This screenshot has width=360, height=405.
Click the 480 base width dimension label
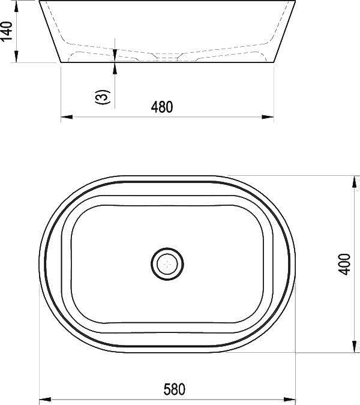click(x=162, y=107)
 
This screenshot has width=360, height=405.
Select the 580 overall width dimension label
click(x=175, y=389)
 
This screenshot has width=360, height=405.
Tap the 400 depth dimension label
click(x=344, y=264)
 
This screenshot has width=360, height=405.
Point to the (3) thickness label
click(x=103, y=97)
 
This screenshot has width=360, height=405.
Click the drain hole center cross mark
click(x=167, y=264)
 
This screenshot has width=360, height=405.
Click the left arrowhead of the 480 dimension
click(x=67, y=117)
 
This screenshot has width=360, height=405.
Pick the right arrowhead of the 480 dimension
click(x=268, y=117)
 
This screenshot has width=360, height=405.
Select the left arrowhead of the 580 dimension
click(x=44, y=399)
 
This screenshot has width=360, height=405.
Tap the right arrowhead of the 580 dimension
click(x=289, y=399)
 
